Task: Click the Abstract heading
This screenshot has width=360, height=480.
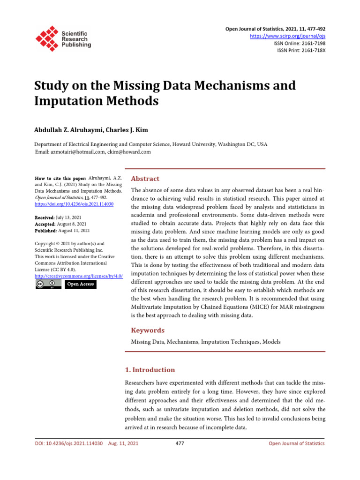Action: coord(145,179)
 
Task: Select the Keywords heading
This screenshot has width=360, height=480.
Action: coord(148,330)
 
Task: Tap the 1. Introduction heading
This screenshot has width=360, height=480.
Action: coord(153,369)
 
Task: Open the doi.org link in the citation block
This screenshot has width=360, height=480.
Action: coord(75,204)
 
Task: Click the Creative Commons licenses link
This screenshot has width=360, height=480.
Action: coord(79,277)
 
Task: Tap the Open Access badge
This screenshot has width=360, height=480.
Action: coord(80,284)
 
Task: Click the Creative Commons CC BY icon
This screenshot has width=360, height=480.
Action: coord(48,284)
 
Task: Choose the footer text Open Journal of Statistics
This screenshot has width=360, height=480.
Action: coord(296,443)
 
